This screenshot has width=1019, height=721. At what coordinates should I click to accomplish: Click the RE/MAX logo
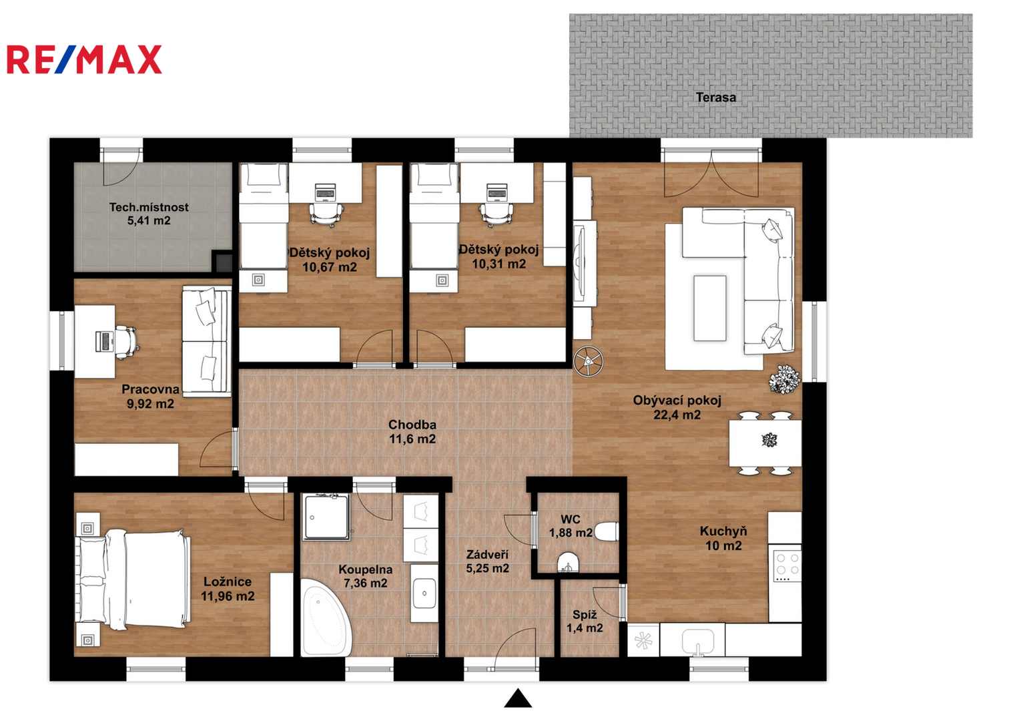[84, 59]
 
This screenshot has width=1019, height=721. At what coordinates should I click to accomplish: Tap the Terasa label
[715, 97]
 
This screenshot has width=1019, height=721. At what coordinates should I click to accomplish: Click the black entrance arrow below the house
[518, 698]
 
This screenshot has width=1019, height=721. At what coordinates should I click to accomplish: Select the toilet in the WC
[607, 531]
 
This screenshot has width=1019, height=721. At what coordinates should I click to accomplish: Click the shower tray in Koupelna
[327, 517]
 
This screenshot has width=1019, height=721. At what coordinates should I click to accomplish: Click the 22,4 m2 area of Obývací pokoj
[677, 415]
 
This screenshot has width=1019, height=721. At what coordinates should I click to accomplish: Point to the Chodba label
[412, 425]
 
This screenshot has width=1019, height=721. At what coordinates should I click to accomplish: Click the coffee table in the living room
[709, 308]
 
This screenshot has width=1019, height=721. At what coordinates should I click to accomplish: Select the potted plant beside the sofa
[784, 379]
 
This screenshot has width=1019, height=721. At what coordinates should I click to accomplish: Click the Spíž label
[585, 614]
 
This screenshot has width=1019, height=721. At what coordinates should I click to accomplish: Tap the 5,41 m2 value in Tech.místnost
[149, 221]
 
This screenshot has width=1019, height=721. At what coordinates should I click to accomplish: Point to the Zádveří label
[487, 554]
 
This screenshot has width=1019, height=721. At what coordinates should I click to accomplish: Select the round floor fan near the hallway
[588, 361]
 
